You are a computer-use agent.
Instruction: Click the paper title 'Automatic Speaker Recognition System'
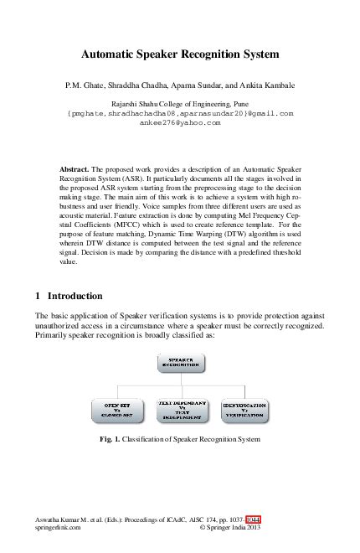(179, 54)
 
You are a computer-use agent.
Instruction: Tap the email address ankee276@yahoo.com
(179, 121)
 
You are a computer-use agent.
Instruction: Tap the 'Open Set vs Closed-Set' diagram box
(115, 410)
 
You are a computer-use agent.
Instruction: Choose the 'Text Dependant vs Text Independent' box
(179, 410)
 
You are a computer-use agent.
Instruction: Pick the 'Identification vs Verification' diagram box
(244, 410)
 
